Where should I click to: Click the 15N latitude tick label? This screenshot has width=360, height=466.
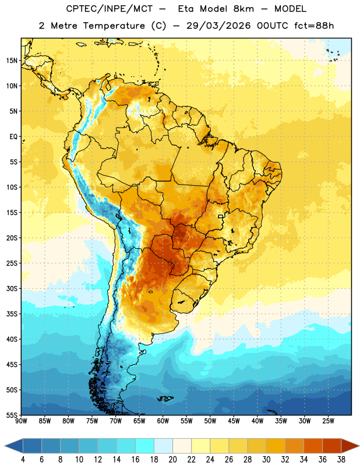(x=12, y=61)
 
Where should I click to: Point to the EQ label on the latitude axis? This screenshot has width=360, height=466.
(x=13, y=137)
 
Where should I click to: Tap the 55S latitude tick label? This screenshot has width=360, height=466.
(x=12, y=415)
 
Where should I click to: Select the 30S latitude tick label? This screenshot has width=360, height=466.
(x=12, y=288)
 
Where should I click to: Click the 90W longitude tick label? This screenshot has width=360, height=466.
(x=21, y=421)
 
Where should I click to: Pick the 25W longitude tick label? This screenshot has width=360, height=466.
(x=328, y=421)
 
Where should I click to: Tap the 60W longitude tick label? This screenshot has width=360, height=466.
(x=163, y=421)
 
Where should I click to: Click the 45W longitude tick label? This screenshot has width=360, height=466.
(x=234, y=421)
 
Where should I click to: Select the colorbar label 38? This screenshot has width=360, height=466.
(x=341, y=460)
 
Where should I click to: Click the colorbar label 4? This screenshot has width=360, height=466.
(x=23, y=460)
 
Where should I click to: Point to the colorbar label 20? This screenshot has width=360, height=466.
(x=172, y=460)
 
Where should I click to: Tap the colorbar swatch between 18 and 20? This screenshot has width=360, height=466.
(x=164, y=446)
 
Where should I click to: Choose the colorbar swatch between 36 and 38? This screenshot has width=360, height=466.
(x=332, y=446)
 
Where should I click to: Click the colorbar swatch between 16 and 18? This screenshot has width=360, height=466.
(x=145, y=446)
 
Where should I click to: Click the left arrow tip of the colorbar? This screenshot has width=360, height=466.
(x=5, y=446)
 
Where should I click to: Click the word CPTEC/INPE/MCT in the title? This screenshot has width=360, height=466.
(x=109, y=9)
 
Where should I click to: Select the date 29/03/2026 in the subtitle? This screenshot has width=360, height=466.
(x=218, y=26)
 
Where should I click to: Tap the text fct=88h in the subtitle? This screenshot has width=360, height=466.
(x=314, y=26)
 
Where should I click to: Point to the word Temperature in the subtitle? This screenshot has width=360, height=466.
(x=114, y=26)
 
